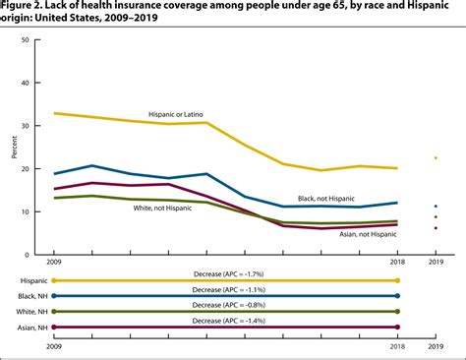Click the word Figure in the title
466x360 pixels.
pos(21,7)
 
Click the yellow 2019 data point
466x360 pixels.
pos(436,157)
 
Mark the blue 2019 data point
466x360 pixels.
pos(436,207)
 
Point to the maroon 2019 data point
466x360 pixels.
pos(436,228)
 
